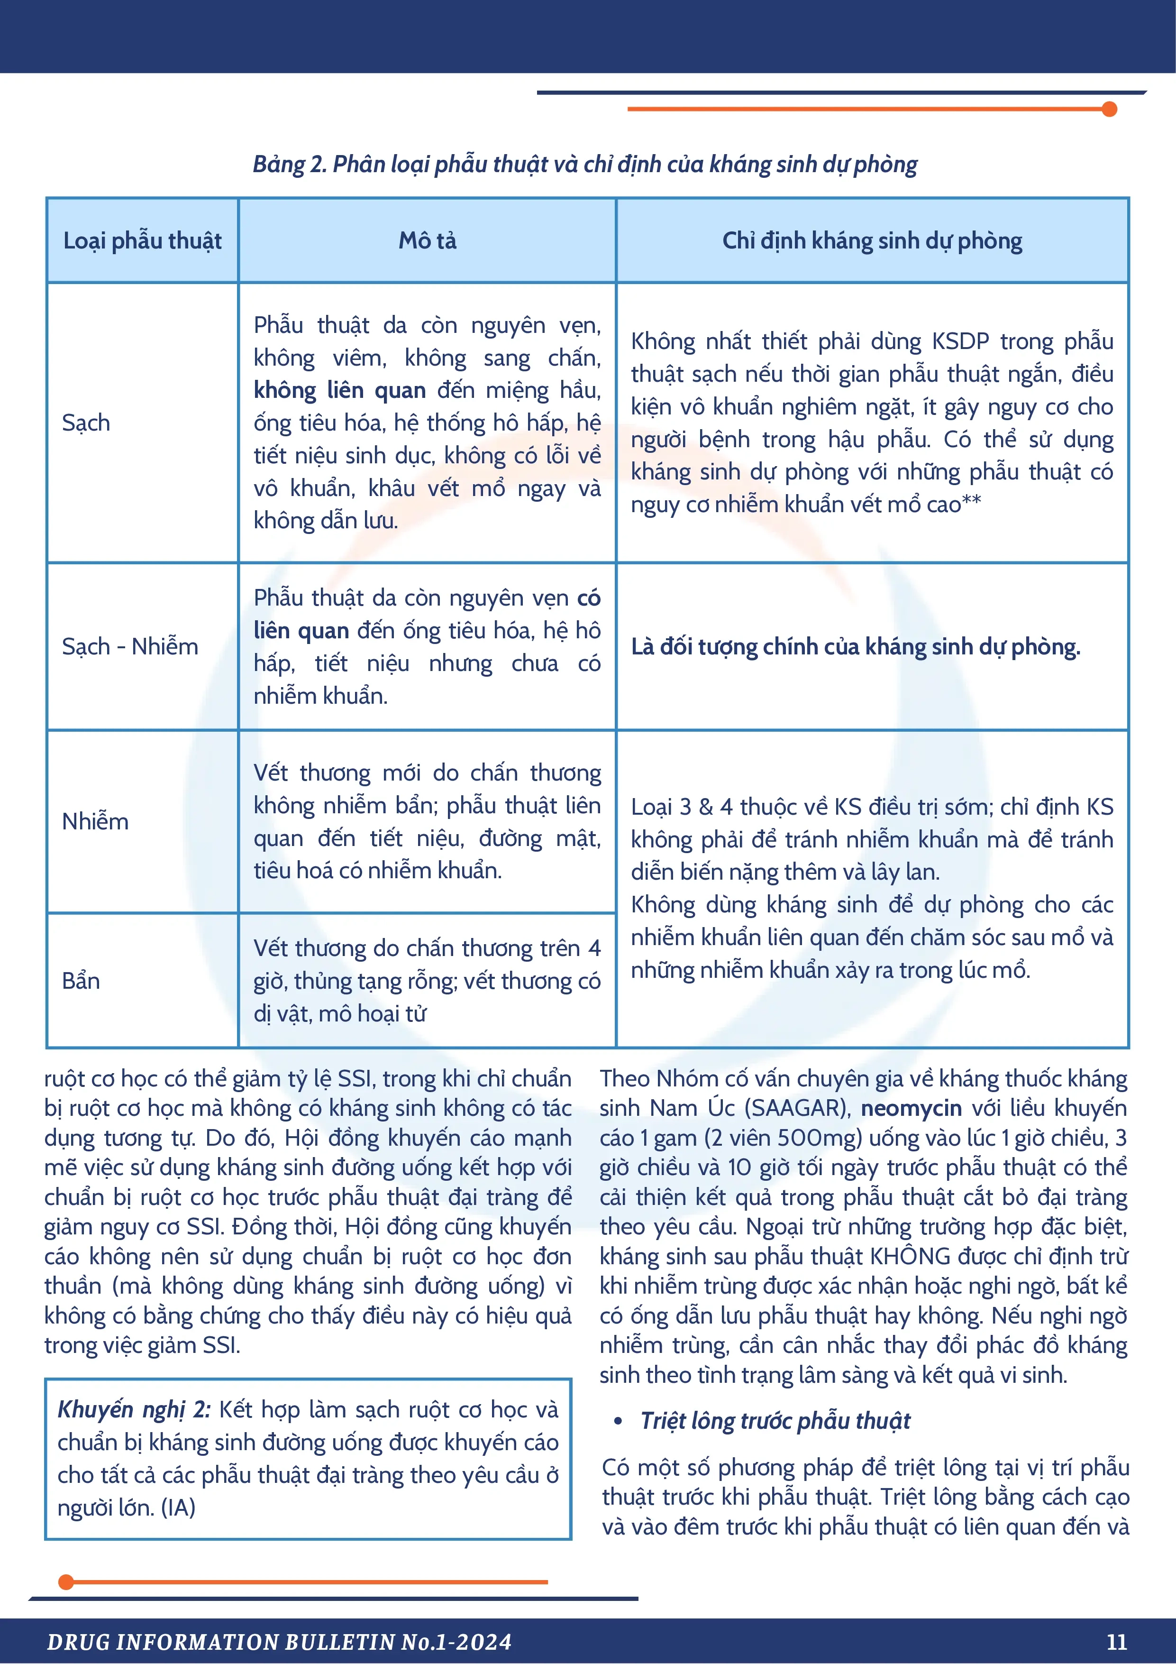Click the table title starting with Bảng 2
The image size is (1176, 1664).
pyautogui.click(x=585, y=165)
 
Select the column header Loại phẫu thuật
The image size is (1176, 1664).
pyautogui.click(x=142, y=240)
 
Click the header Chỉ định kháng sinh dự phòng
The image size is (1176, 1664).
pyautogui.click(x=872, y=240)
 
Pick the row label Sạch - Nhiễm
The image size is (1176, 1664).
pyautogui.click(x=130, y=646)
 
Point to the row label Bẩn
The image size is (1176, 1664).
pyautogui.click(x=81, y=981)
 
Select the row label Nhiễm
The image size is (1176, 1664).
pyautogui.click(x=95, y=821)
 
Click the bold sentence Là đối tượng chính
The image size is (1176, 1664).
pyautogui.click(x=855, y=646)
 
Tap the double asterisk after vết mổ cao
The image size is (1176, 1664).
pyautogui.click(x=972, y=502)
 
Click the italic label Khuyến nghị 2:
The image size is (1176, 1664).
pyautogui.click(x=134, y=1410)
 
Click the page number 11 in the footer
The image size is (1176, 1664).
pyautogui.click(x=1117, y=1642)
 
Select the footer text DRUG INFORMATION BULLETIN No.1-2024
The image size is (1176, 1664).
pyautogui.click(x=279, y=1642)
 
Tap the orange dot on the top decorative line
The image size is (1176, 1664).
pyautogui.click(x=1109, y=110)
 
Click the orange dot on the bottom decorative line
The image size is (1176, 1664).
pyautogui.click(x=66, y=1582)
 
